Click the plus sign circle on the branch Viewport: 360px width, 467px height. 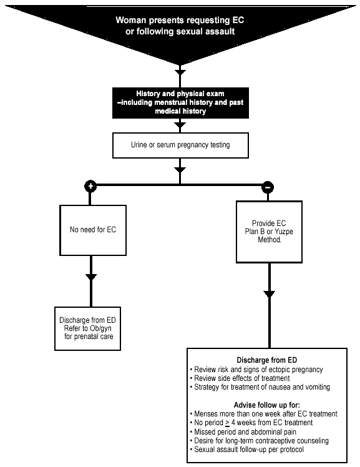(x=90, y=186)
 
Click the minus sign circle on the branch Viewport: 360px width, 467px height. (x=268, y=187)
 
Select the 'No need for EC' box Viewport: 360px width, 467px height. (x=93, y=230)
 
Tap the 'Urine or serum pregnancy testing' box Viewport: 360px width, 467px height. (x=180, y=145)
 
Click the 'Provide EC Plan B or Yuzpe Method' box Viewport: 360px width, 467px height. (x=269, y=232)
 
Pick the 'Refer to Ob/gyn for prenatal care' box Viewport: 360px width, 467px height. (x=87, y=328)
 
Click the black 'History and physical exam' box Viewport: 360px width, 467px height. (x=180, y=103)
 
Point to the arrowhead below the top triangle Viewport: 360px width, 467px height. (x=180, y=72)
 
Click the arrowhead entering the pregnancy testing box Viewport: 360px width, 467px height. (x=180, y=125)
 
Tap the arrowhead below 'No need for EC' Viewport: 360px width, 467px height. (x=91, y=277)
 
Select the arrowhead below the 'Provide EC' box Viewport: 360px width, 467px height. (x=270, y=294)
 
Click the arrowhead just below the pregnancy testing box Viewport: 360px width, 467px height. (x=180, y=170)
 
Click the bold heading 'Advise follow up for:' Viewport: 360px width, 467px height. (x=267, y=405)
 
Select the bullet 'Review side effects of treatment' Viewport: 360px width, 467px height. (x=240, y=378)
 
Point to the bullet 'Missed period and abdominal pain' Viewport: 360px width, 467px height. (x=243, y=432)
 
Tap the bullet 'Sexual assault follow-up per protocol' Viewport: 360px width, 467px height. (x=247, y=450)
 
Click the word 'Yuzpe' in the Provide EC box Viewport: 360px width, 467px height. (x=283, y=232)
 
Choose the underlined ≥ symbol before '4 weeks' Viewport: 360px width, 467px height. (x=227, y=423)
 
